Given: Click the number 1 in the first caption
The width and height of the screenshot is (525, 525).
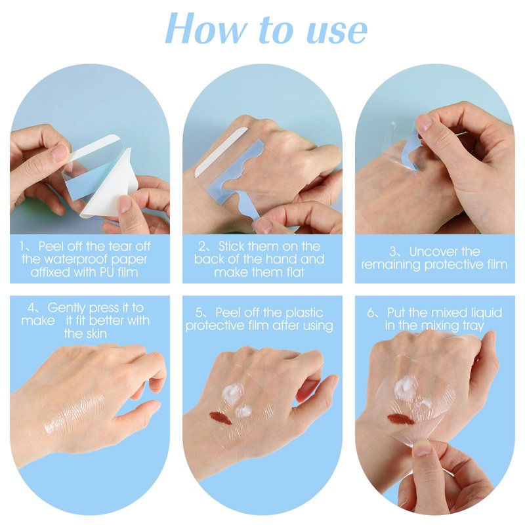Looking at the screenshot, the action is (x=22, y=247).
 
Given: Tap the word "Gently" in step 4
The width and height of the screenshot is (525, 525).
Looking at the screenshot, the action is (x=66, y=308).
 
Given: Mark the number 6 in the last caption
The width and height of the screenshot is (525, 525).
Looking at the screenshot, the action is (x=370, y=313).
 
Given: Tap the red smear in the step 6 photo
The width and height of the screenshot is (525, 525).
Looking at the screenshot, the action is (x=400, y=419).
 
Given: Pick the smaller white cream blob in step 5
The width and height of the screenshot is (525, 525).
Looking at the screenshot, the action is (x=243, y=411).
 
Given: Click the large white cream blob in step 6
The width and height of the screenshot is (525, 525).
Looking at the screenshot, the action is (x=405, y=388).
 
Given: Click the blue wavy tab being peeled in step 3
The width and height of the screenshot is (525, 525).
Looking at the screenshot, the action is (x=411, y=150).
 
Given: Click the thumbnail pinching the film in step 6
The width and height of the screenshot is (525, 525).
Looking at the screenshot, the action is (x=423, y=448).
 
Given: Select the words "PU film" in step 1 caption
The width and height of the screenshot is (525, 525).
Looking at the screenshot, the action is (x=119, y=272).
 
